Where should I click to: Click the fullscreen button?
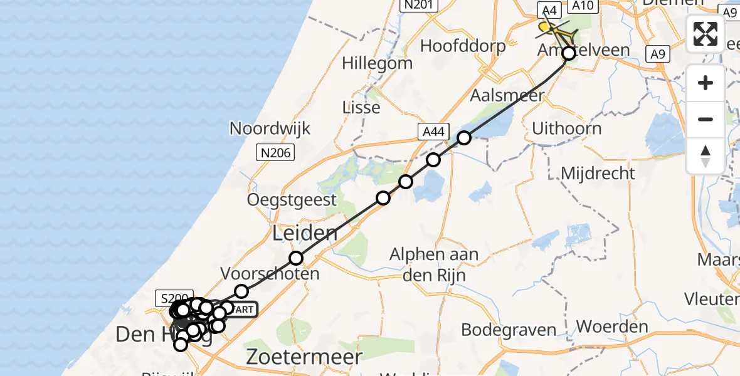point(706,34)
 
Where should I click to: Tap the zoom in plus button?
point(706,83)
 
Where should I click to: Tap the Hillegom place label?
point(377,63)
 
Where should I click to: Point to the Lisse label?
point(361,107)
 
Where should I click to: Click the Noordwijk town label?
point(270,128)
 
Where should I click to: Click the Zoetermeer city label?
point(305,357)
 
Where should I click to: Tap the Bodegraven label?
point(509,330)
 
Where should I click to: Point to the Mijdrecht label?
point(598,173)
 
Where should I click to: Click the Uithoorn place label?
point(566,128)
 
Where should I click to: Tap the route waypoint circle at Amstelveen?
point(569,54)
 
